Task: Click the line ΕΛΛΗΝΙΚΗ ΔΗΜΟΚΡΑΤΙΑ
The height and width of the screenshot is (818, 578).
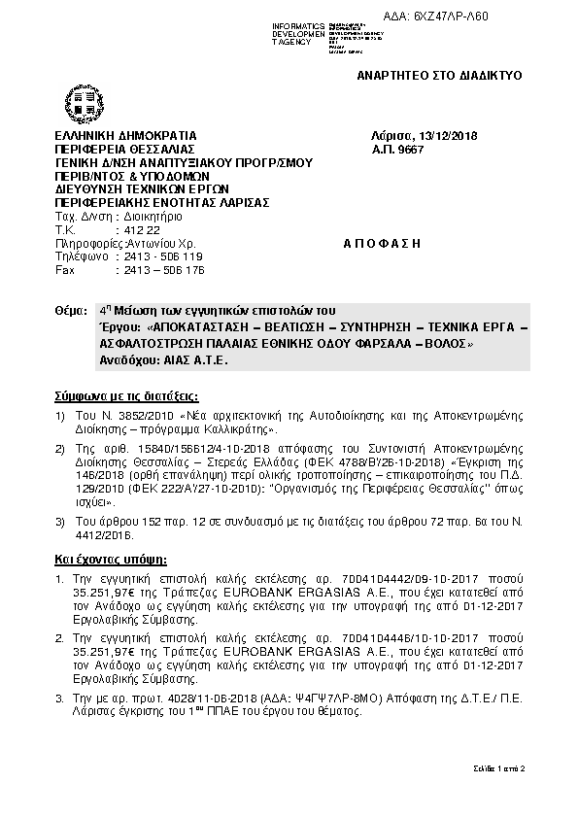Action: click(126, 135)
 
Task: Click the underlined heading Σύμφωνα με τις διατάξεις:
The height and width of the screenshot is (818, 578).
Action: click(125, 396)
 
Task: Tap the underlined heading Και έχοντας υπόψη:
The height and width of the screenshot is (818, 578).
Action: click(110, 561)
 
